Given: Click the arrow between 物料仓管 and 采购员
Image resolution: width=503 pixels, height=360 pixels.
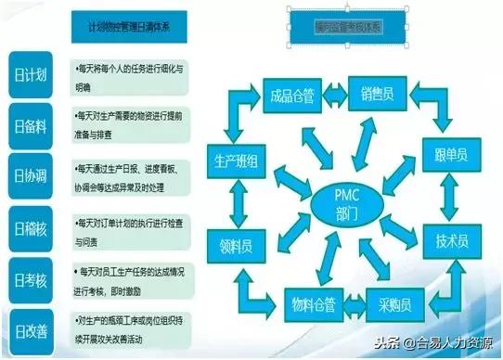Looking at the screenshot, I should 357,303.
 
